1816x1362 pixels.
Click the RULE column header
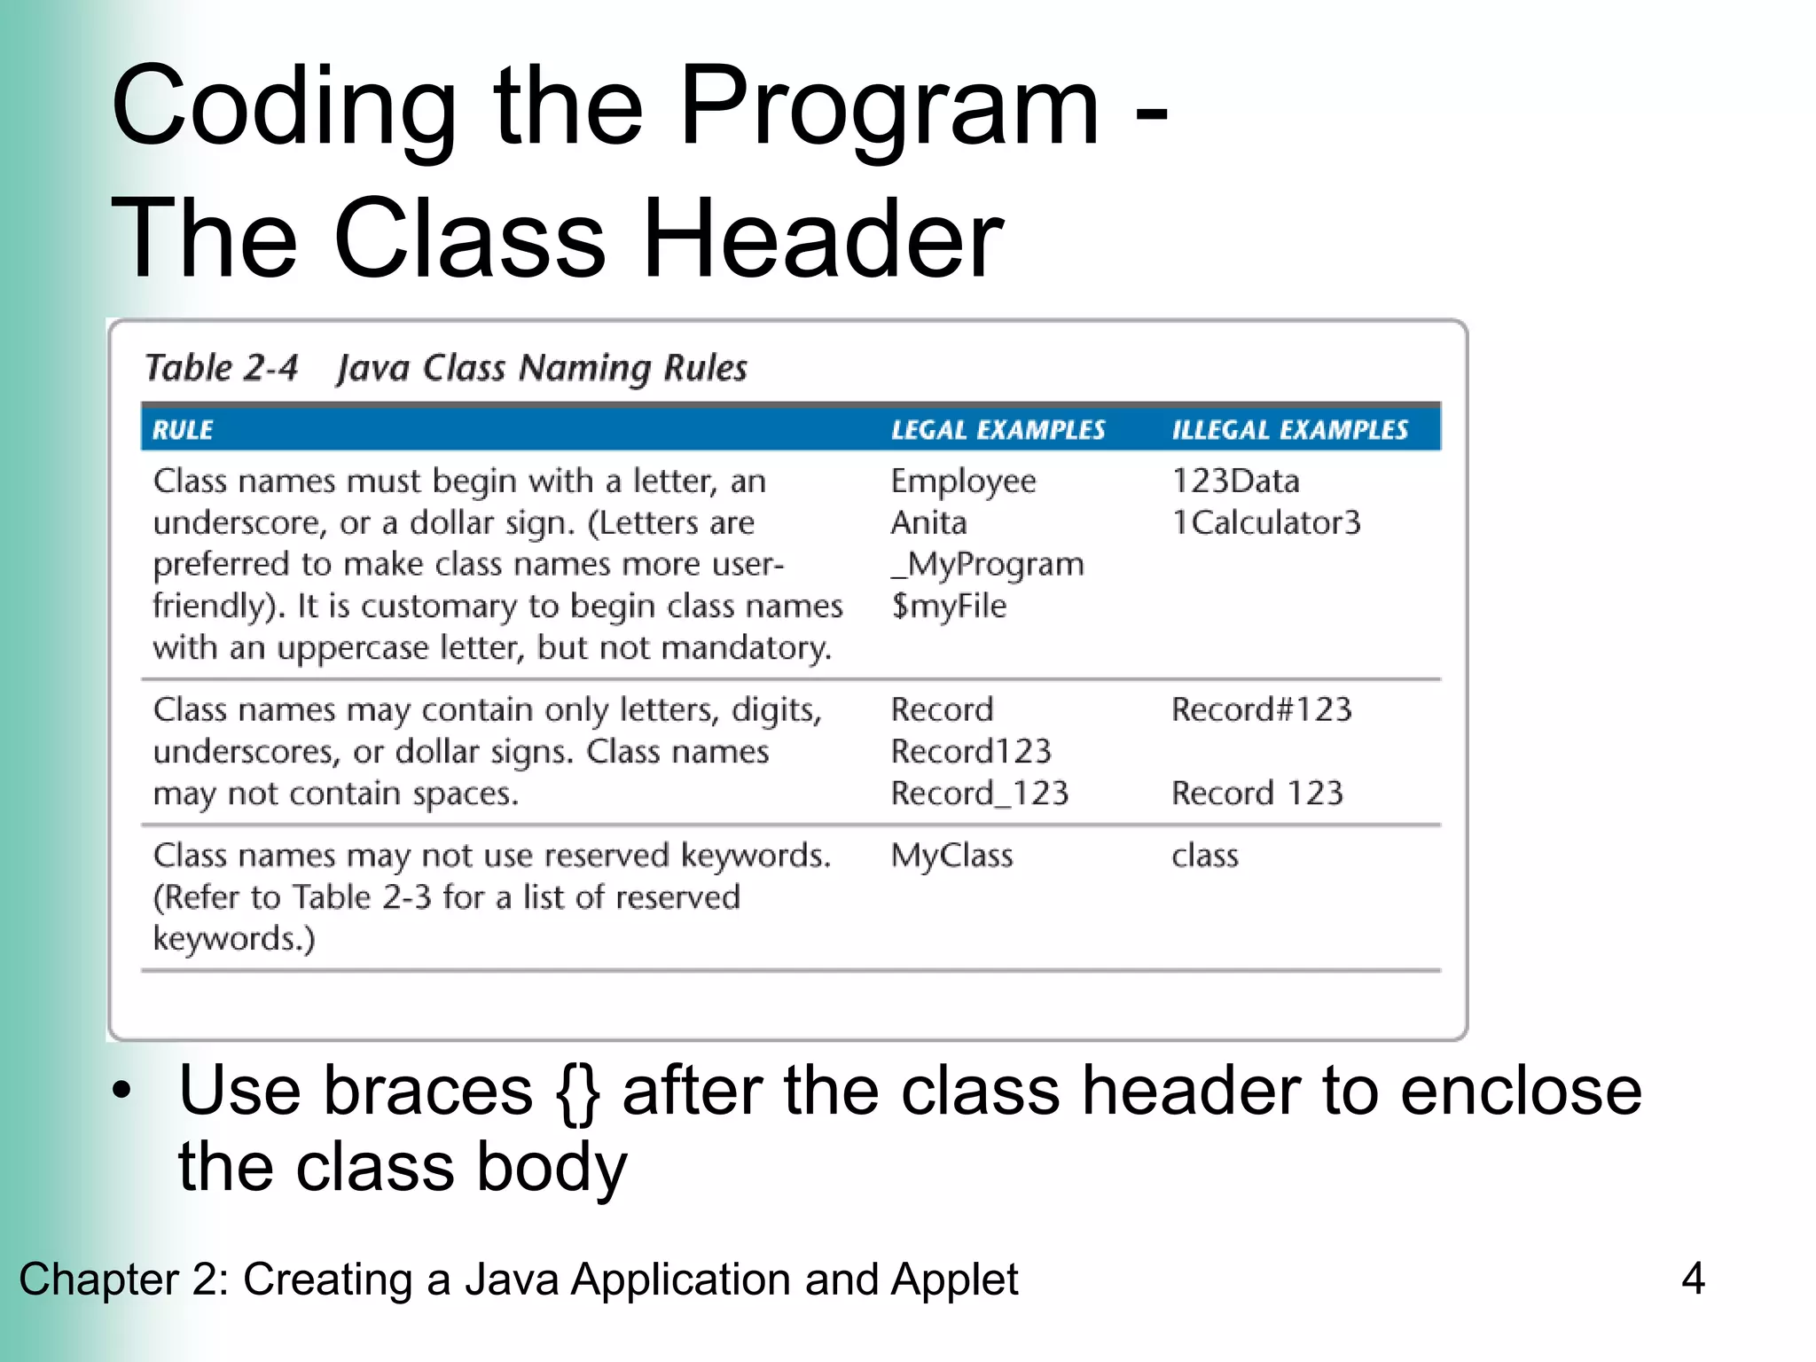(x=183, y=430)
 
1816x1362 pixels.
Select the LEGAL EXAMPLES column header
(x=998, y=430)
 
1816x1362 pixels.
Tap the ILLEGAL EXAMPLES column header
(x=1289, y=430)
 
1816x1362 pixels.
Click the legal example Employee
(x=963, y=481)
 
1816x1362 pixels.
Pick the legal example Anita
(x=928, y=523)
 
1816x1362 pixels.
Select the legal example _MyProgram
(x=987, y=565)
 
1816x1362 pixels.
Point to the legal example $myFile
(x=949, y=607)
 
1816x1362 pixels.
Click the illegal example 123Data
(x=1235, y=481)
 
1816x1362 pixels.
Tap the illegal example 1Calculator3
(x=1265, y=523)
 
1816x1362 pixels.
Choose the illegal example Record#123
(x=1261, y=710)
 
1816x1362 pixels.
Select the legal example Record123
(x=970, y=752)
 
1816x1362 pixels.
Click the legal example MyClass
(x=951, y=856)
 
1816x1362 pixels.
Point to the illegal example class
(x=1204, y=856)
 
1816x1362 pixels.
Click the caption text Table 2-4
(x=222, y=368)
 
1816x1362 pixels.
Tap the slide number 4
(x=1693, y=1279)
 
